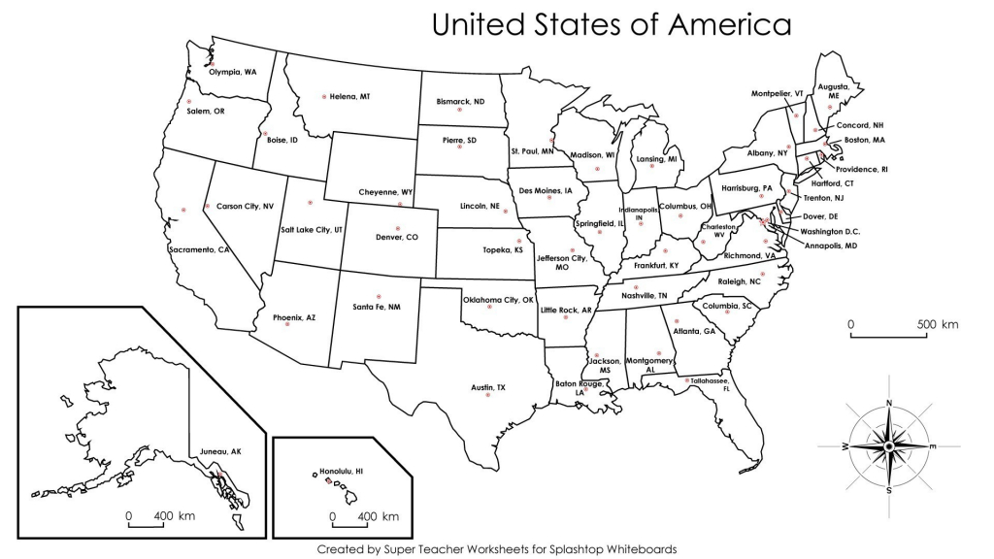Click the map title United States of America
coord(612,24)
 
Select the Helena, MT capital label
coord(349,96)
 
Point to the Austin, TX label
coord(488,387)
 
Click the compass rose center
coord(888,445)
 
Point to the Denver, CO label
coord(396,237)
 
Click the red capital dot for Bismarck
coord(459,111)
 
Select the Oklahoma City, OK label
coord(498,300)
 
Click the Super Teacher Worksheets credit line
coord(496,548)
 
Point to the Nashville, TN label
coord(644,295)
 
